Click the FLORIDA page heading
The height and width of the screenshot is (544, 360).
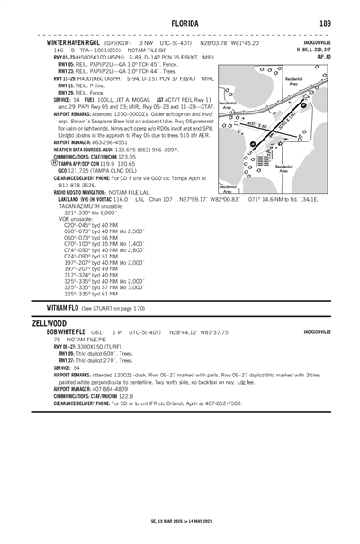(179, 23)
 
